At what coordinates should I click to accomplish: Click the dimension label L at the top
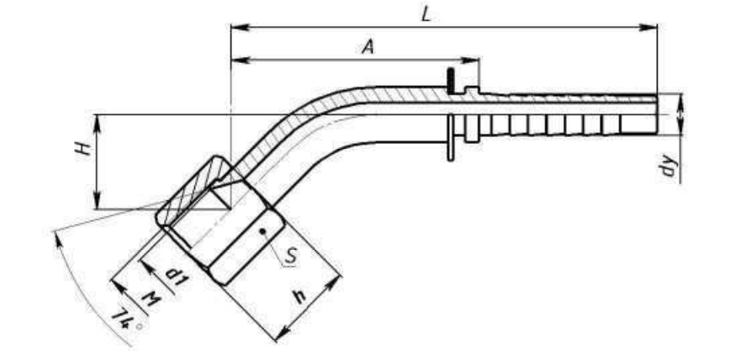(x=426, y=14)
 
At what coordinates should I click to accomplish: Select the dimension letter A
(x=368, y=46)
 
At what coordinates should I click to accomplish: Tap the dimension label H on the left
(x=84, y=149)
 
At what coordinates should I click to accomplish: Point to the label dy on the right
(x=669, y=166)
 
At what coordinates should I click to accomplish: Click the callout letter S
(x=291, y=256)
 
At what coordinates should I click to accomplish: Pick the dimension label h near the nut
(x=299, y=297)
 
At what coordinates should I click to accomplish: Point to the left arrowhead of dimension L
(x=240, y=27)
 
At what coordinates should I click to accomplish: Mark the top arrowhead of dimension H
(x=97, y=123)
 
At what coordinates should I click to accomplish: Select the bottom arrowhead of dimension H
(x=97, y=200)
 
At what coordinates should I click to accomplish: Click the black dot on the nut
(x=262, y=231)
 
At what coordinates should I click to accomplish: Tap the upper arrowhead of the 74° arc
(x=59, y=240)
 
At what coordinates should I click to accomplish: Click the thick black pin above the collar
(x=450, y=81)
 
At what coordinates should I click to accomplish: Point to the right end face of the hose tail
(x=657, y=114)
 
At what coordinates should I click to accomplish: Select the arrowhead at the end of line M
(x=118, y=286)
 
